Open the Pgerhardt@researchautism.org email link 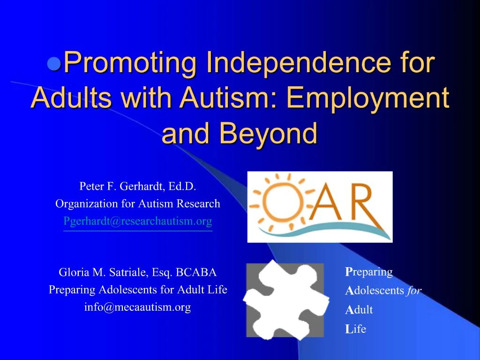[x=138, y=221]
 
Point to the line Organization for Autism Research [x=138, y=203]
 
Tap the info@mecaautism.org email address [x=138, y=307]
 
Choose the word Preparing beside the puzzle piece [x=369, y=272]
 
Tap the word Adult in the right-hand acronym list [x=359, y=310]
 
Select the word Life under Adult [x=356, y=329]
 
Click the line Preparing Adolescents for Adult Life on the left [x=138, y=290]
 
